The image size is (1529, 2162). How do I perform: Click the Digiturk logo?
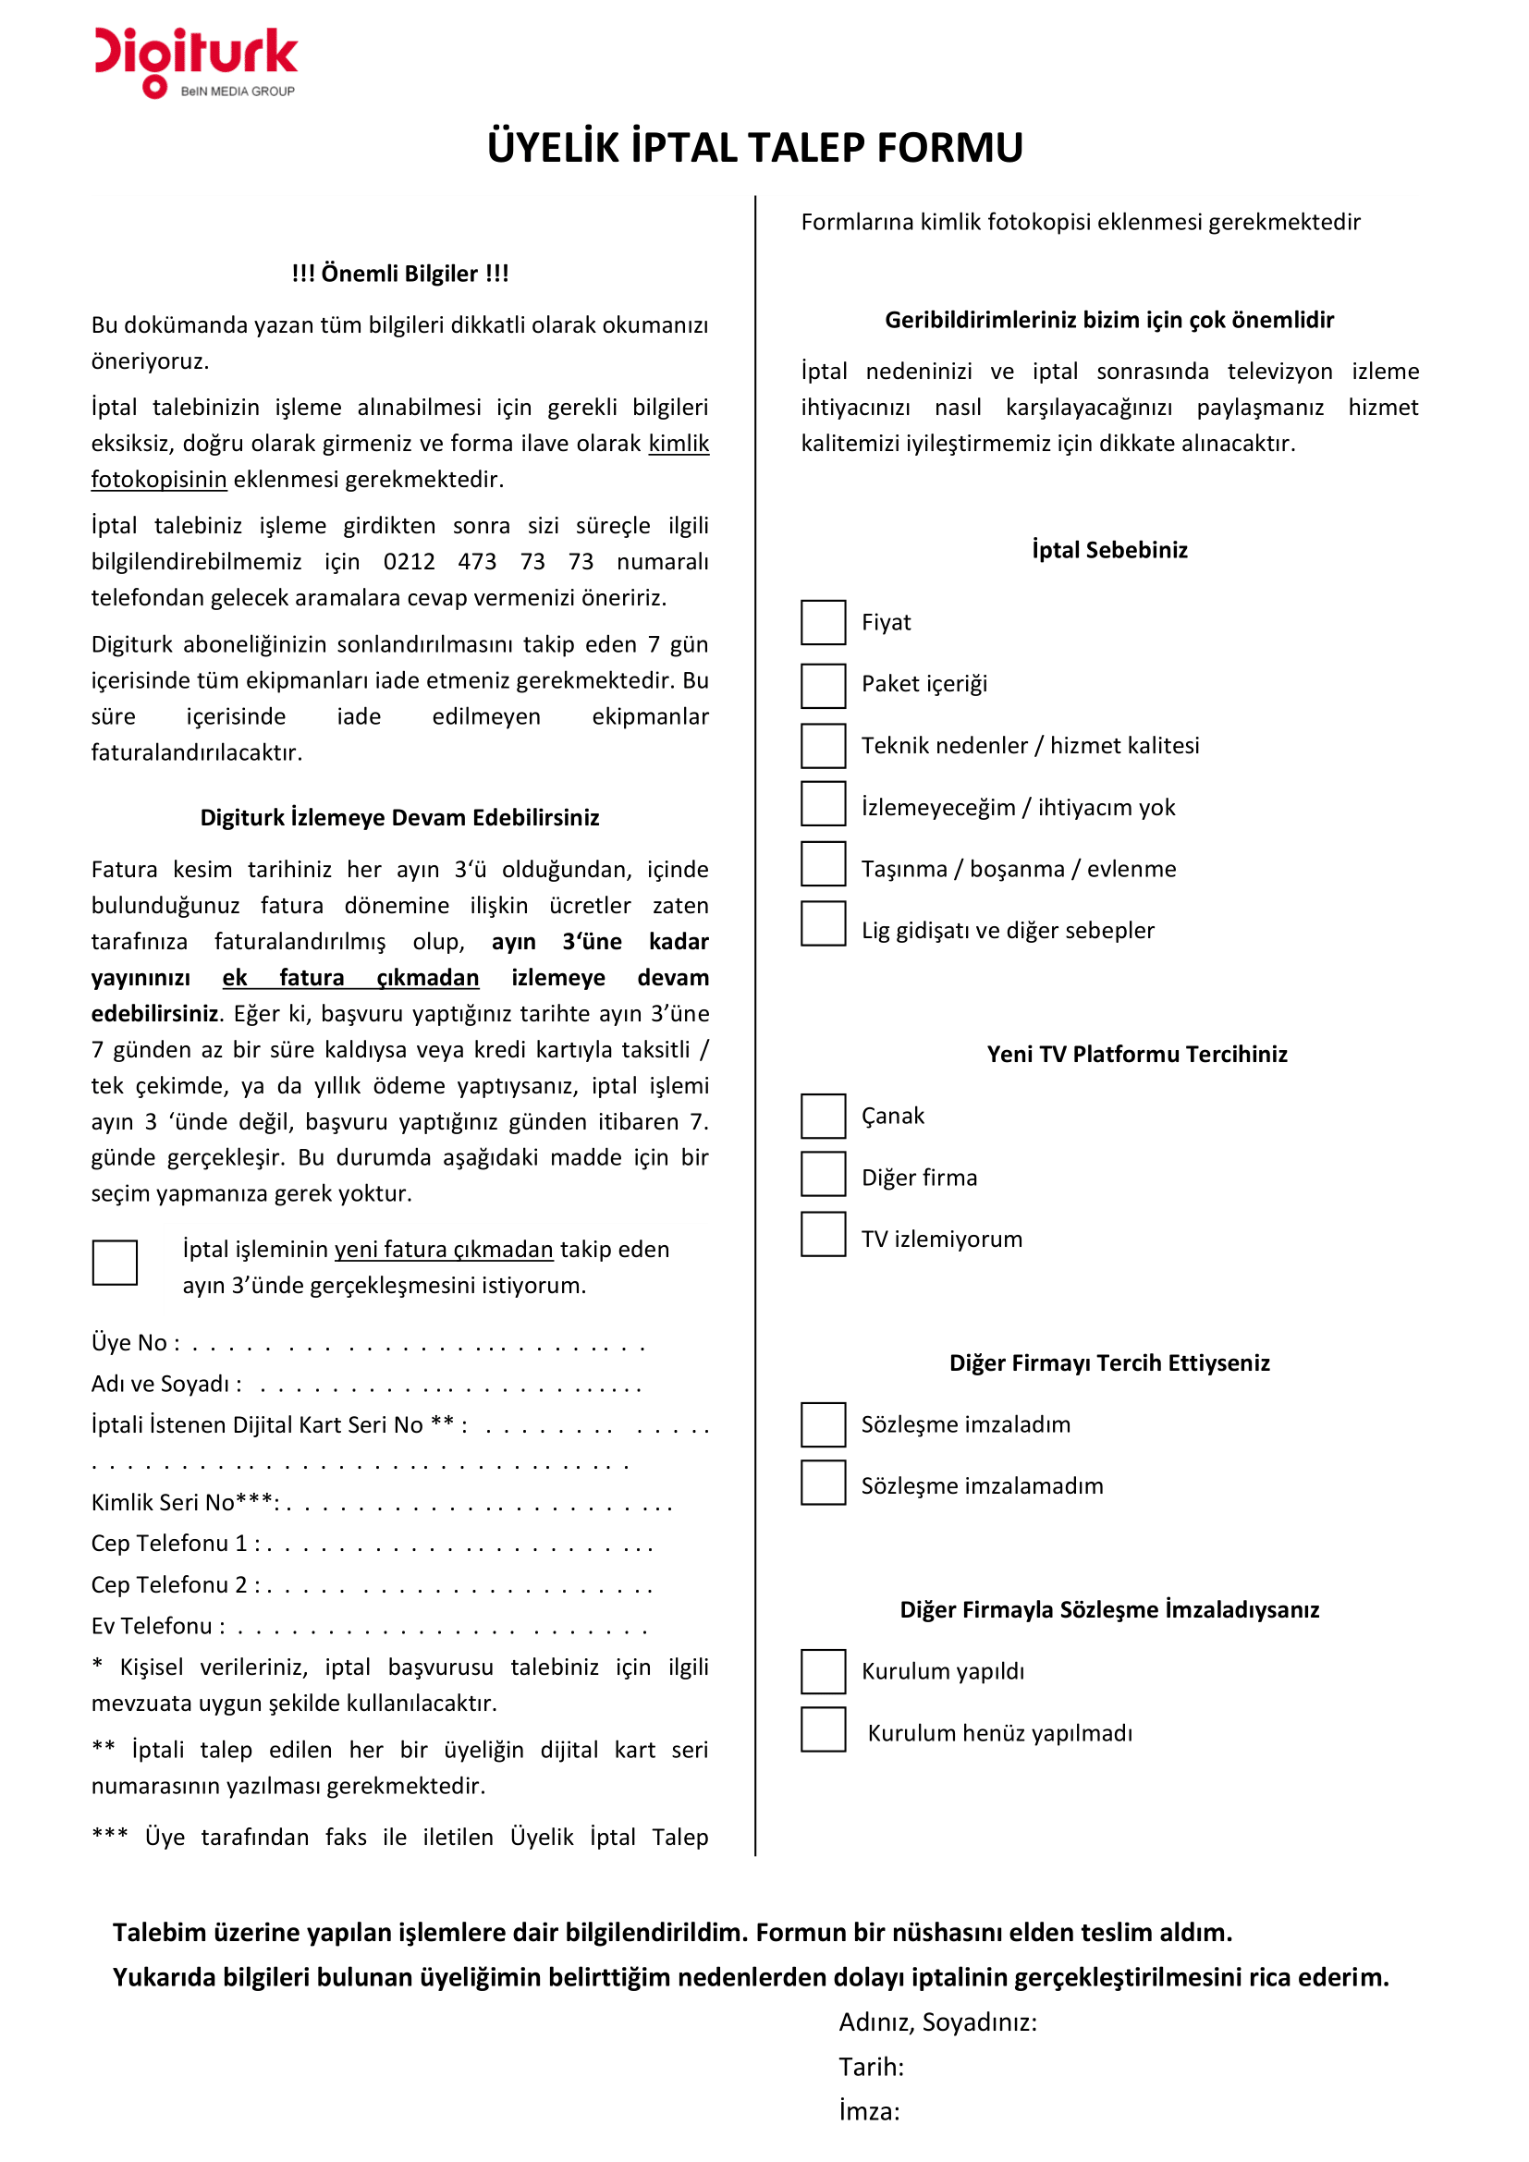(x=196, y=62)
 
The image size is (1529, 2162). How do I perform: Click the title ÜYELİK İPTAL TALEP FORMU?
(x=754, y=148)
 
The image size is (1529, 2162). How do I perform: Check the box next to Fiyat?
(x=823, y=622)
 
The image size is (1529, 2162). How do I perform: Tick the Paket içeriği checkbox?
(x=823, y=685)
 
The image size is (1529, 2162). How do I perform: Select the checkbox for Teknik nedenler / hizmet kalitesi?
(x=823, y=746)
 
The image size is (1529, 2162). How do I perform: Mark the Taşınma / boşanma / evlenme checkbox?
(x=823, y=863)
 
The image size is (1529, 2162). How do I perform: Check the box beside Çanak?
(x=823, y=1116)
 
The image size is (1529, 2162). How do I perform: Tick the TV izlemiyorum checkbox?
(x=823, y=1234)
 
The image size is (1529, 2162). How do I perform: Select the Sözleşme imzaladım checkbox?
(x=823, y=1424)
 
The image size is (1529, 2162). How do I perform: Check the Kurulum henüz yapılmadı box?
(x=823, y=1729)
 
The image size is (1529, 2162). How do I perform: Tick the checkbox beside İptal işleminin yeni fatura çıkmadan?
(x=115, y=1262)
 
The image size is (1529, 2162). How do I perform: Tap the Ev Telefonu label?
(x=156, y=1626)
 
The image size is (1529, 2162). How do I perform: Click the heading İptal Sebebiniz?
(x=1109, y=550)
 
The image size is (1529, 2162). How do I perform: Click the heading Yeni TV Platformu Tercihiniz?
(x=1136, y=1055)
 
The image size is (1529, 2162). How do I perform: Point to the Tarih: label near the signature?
(x=871, y=2068)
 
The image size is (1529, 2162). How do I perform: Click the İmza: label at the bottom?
(x=868, y=2112)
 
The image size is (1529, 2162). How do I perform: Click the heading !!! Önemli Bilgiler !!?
(x=399, y=274)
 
